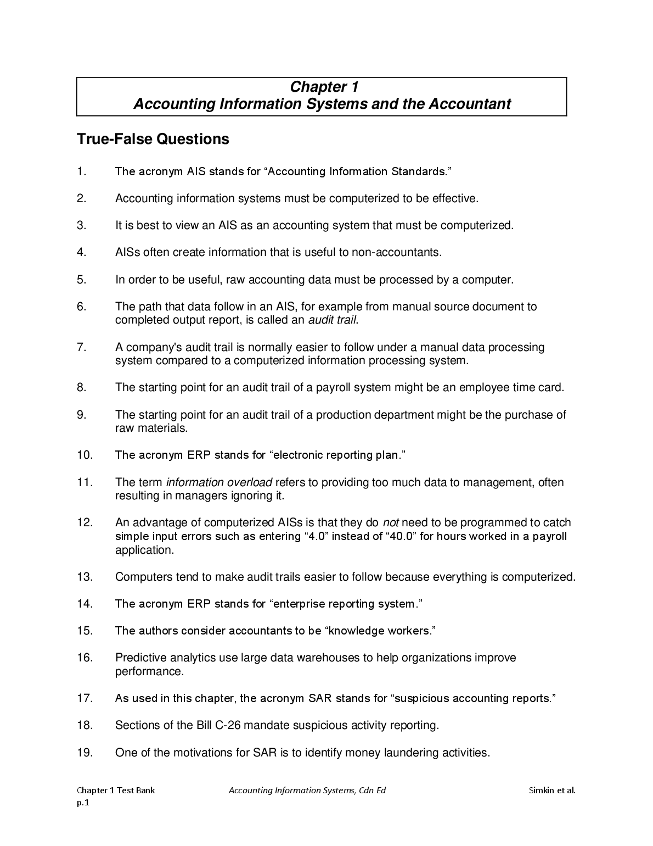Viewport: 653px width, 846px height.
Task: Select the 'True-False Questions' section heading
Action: click(153, 139)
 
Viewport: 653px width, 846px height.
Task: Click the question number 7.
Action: click(82, 347)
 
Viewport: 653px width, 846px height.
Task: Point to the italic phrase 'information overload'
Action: click(219, 482)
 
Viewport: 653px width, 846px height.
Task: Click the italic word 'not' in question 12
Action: click(391, 523)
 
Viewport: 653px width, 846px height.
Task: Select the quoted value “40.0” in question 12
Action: click(401, 536)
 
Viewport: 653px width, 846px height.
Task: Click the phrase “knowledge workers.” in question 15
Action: click(381, 631)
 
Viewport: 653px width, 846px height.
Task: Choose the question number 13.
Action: click(85, 577)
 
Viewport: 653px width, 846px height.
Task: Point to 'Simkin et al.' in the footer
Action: click(552, 791)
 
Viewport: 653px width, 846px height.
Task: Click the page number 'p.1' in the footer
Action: click(82, 803)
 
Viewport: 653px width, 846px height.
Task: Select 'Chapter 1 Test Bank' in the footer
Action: click(116, 791)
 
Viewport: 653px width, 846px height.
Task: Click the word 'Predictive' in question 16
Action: click(140, 658)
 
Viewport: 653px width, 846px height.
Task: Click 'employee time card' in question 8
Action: click(510, 387)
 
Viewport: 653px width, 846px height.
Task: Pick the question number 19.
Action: click(85, 753)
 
